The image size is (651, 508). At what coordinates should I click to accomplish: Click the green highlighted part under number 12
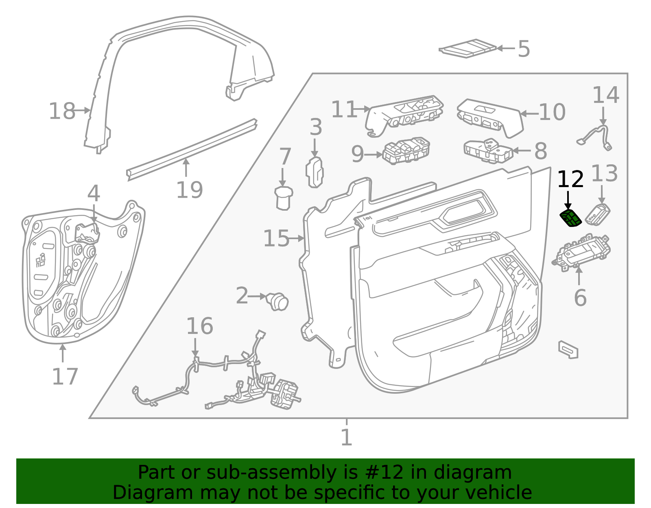pos(570,218)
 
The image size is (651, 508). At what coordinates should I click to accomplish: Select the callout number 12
pos(570,179)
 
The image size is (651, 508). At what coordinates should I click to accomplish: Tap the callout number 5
pos(524,49)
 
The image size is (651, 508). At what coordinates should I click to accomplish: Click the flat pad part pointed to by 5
pos(467,48)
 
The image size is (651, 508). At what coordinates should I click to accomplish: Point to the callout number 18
pos(62,111)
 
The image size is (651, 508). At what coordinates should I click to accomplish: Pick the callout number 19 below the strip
pos(190,190)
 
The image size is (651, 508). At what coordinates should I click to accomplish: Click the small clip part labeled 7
pos(284,198)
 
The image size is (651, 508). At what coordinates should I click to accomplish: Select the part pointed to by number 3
pos(315,172)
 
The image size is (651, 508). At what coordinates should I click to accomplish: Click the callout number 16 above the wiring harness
pos(200,326)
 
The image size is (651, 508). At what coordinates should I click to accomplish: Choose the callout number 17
pos(65,376)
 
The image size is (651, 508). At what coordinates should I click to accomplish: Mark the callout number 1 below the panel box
pos(347,437)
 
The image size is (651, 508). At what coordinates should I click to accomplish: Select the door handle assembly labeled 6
pos(581,253)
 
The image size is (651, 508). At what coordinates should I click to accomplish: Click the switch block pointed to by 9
pos(406,151)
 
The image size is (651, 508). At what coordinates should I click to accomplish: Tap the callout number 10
pos(552,112)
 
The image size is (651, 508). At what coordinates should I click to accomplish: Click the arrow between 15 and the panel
pos(297,239)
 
